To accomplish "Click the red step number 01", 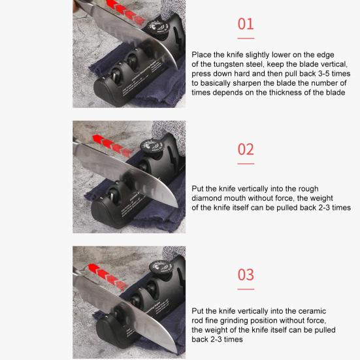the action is click(x=246, y=24).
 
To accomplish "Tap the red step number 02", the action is click(x=246, y=150).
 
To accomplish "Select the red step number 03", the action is click(x=246, y=274).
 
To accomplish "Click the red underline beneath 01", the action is click(x=246, y=39).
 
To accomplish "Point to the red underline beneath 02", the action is click(x=246, y=164).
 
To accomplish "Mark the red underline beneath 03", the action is click(x=246, y=289).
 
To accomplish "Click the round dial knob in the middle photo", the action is click(x=152, y=147).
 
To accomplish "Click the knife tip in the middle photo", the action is click(x=177, y=206).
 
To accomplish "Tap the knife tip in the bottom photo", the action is click(x=176, y=352).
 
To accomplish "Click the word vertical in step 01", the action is click(x=334, y=64).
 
